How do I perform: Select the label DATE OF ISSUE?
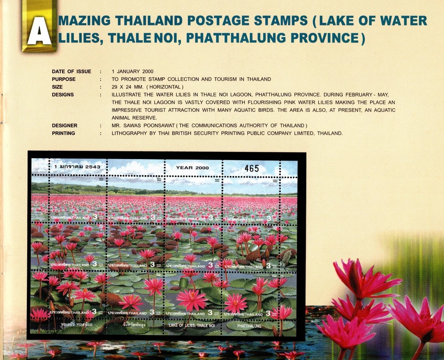pos(71,72)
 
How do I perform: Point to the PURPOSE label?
pos(64,79)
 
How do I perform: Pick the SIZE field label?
pos(57,87)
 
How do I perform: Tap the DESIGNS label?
pos(63,95)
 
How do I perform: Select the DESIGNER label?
pos(65,126)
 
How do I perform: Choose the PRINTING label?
pos(63,134)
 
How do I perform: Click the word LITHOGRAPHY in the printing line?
pos(132,134)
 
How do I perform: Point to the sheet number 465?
pos(252,169)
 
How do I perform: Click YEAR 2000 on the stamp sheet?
pos(192,168)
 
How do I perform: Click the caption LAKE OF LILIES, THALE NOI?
pos(191,325)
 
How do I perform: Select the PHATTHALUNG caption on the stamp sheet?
pos(249,326)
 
